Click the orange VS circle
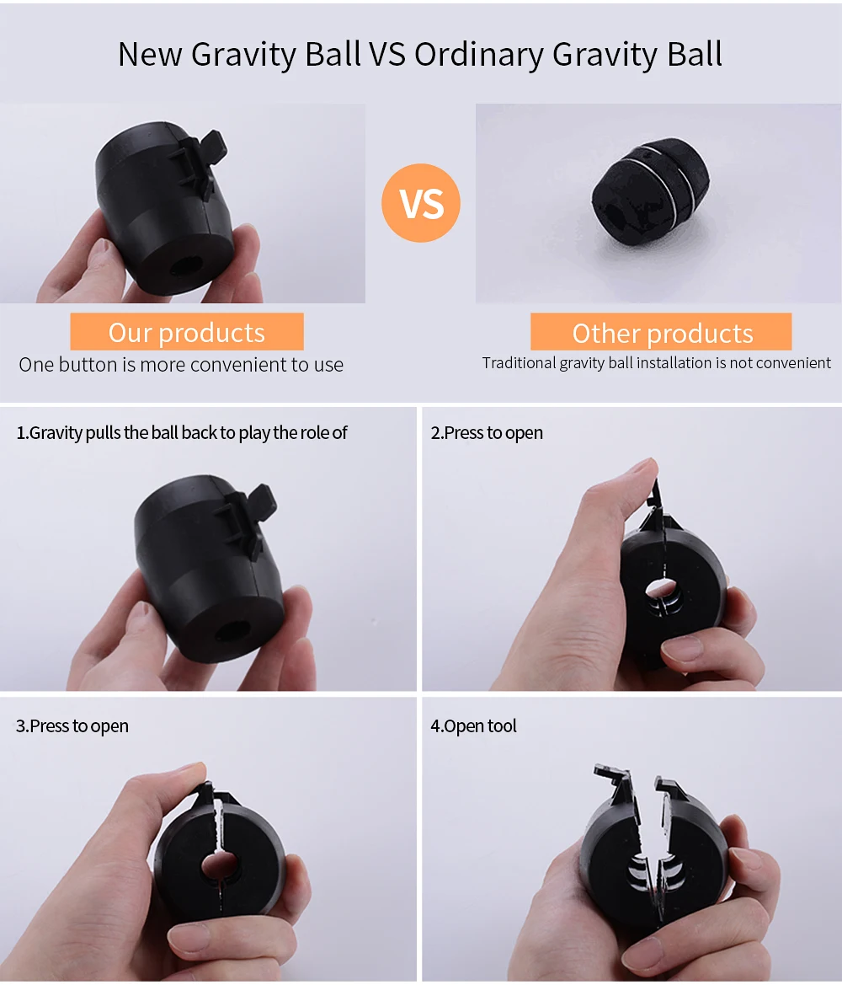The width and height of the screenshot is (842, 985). pos(421,203)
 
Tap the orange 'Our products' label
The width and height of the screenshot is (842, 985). pos(187,332)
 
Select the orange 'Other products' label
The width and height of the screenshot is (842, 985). pos(662,333)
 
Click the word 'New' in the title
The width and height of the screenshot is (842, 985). pos(151,54)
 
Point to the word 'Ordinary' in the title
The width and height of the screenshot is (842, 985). pos(478,54)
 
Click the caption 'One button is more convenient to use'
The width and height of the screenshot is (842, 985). pos(181,365)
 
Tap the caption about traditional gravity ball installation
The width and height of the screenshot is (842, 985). pos(656,363)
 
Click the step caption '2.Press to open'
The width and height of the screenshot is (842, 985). pos(487,433)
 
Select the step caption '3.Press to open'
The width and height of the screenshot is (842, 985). pos(72,726)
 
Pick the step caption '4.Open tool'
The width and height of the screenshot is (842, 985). pos(474,726)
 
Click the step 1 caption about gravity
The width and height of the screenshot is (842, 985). pos(182,433)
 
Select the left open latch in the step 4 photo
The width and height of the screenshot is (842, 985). pos(617,783)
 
